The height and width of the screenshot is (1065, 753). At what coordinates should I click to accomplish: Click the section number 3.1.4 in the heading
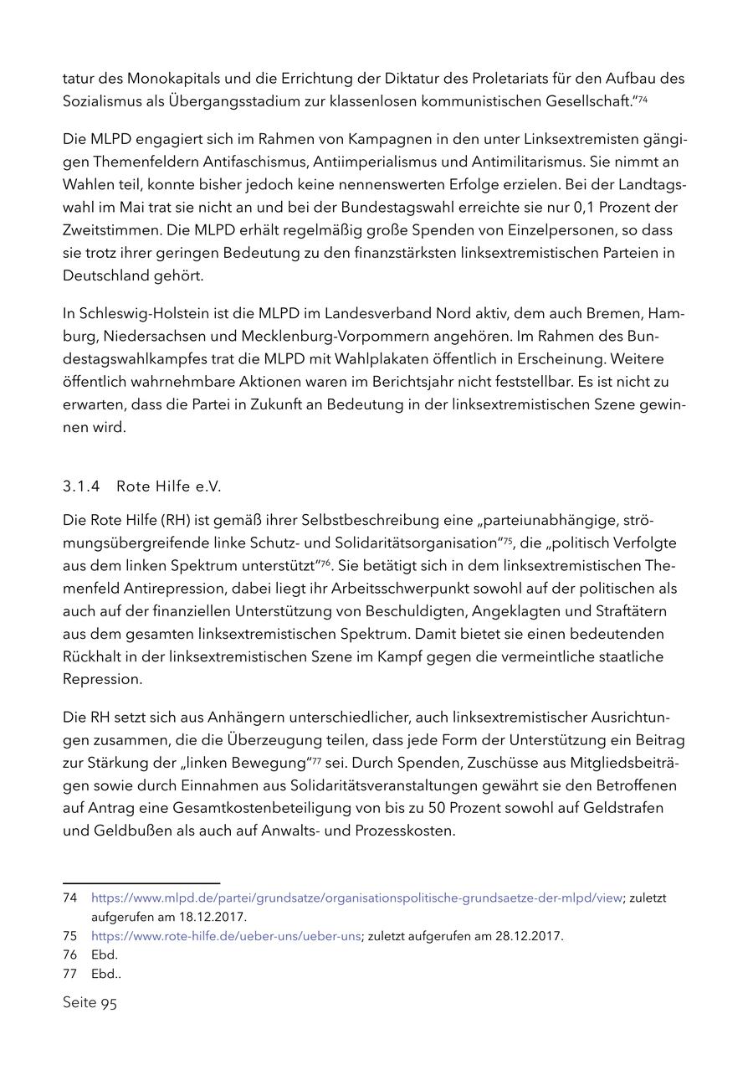point(81,486)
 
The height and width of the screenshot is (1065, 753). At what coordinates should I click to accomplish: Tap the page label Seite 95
point(90,1003)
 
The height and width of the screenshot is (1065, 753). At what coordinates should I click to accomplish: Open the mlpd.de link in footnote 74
point(356,898)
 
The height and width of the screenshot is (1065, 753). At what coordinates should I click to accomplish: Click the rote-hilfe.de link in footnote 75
point(226,936)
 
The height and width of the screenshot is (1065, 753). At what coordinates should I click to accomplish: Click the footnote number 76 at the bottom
point(69,954)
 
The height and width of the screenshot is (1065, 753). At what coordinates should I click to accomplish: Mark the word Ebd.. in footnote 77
point(106,974)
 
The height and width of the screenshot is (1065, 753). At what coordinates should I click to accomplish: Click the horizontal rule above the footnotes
point(141,882)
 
